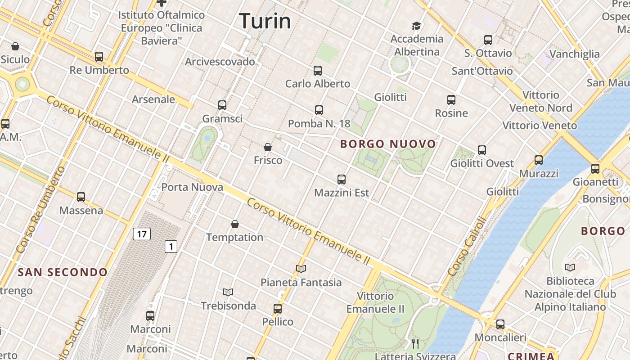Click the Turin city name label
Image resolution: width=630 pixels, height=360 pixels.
(265, 21)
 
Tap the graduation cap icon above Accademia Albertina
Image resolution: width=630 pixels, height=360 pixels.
(416, 26)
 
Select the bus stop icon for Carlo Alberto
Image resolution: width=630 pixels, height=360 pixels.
(318, 71)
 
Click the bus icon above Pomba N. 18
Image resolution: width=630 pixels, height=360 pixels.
(319, 110)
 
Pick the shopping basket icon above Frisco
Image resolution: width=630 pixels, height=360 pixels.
(268, 147)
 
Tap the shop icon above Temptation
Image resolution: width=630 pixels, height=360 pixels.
(234, 224)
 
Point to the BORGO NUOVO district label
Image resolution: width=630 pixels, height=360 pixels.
(388, 144)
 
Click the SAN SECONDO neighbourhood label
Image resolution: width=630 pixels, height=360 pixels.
(63, 272)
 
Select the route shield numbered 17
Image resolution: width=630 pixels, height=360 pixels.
(142, 234)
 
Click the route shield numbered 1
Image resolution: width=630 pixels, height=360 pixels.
(171, 246)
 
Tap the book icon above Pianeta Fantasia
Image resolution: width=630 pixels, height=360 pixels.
(301, 269)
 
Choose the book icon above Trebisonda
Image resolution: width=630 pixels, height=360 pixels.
(228, 292)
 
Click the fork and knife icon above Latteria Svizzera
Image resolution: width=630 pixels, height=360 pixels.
(415, 344)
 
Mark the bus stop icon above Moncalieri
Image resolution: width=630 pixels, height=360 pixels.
(500, 324)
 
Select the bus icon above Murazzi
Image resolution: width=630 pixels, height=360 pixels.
(539, 160)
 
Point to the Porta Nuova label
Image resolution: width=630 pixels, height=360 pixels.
(192, 187)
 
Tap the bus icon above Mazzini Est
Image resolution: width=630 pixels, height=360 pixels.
(342, 180)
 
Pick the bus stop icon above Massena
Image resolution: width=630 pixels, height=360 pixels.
(81, 197)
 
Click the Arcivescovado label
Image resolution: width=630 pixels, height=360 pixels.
(220, 62)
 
